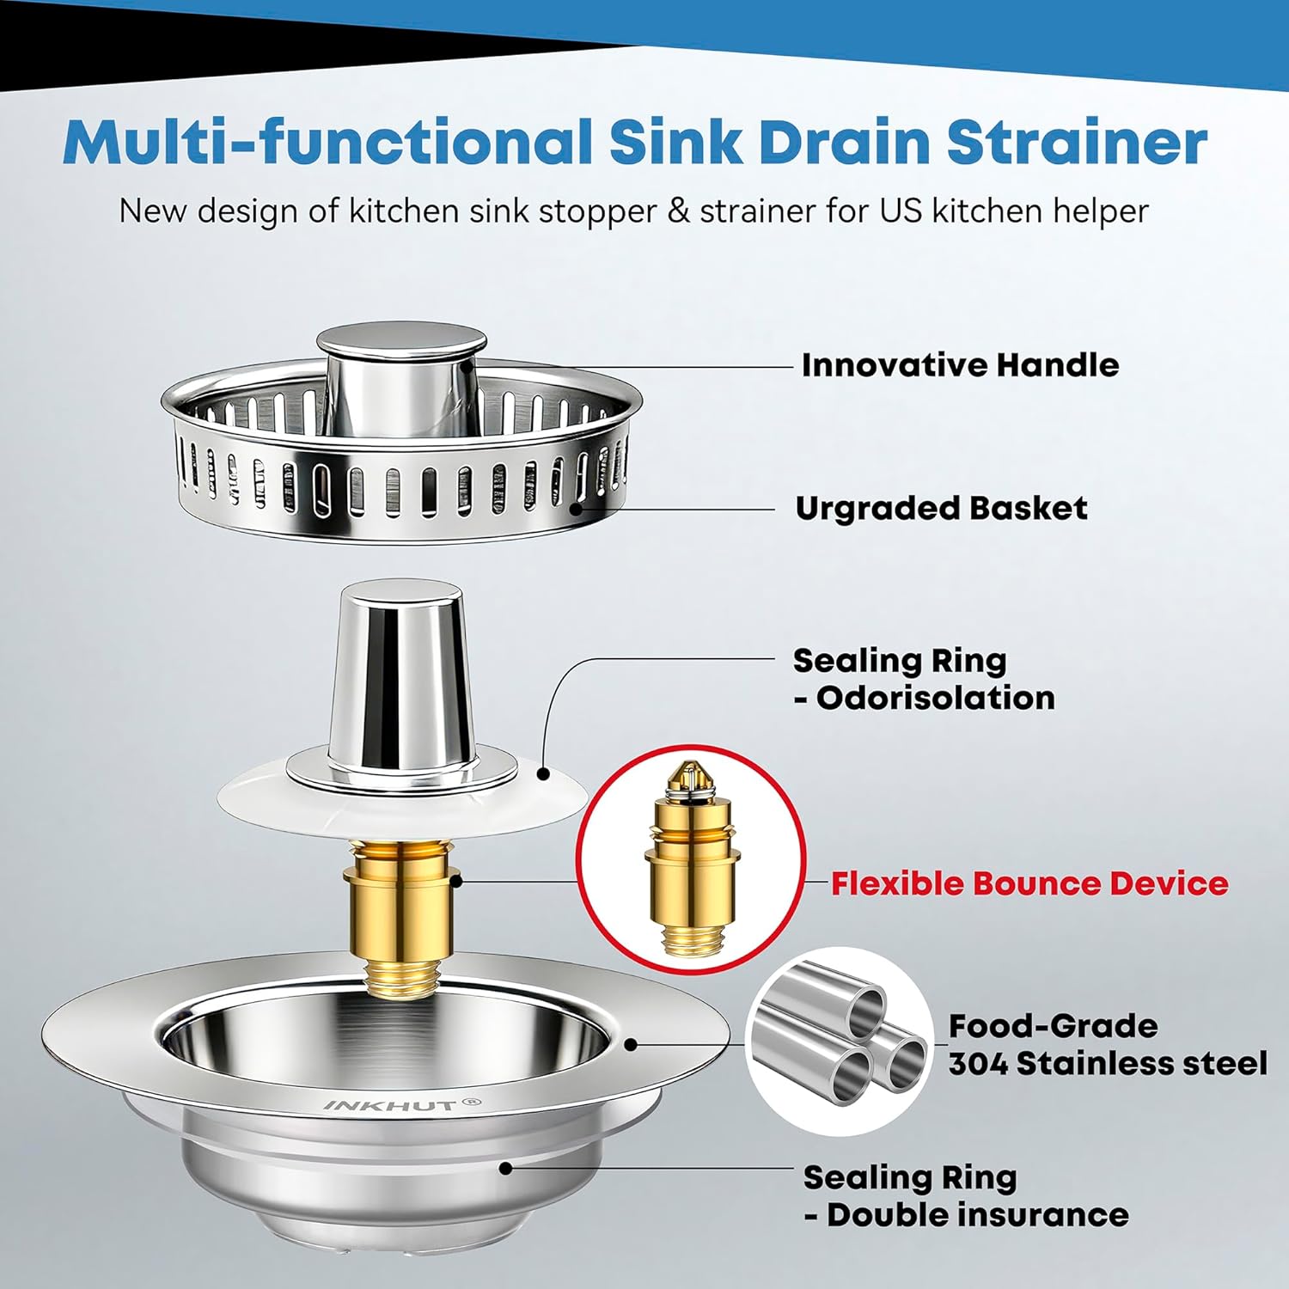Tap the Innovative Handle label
point(960,365)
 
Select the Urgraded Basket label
point(941,509)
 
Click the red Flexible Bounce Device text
point(1029,883)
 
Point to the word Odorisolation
point(935,698)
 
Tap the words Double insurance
point(977,1215)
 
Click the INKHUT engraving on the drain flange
point(402,1105)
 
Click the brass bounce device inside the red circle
point(691,855)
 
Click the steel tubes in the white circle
point(838,1040)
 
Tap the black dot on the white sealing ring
point(543,773)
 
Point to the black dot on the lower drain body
point(506,1168)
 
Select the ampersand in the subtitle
point(678,211)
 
